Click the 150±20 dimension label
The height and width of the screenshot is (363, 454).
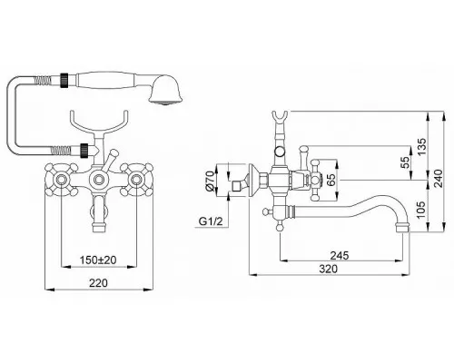(98, 260)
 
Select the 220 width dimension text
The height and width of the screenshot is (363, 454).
(98, 283)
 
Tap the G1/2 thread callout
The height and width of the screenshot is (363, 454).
(211, 221)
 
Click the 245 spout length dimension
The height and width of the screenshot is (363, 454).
(340, 256)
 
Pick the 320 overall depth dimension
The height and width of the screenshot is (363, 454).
(329, 269)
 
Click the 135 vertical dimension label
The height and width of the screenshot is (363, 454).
(421, 147)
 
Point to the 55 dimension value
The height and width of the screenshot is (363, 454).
(404, 162)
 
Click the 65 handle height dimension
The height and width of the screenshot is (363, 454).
(331, 181)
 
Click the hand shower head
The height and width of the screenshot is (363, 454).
(165, 90)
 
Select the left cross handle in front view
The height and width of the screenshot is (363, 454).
(61, 180)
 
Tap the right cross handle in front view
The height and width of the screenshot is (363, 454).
(136, 180)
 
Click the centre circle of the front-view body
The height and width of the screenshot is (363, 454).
(98, 180)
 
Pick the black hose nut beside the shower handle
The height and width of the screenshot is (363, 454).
(64, 81)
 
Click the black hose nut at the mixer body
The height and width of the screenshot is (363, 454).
(84, 151)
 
